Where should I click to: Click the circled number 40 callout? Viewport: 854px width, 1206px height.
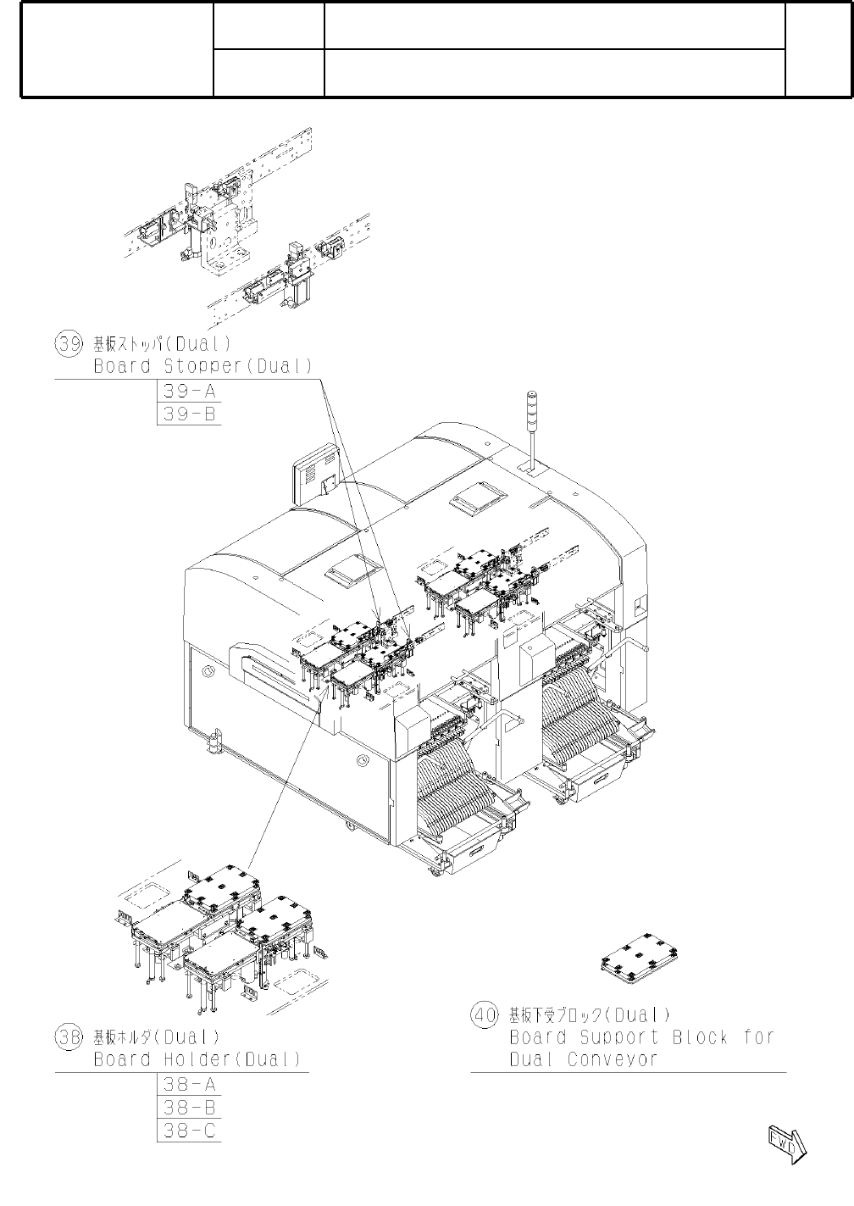coord(484,1014)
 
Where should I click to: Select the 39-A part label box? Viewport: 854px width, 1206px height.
coord(189,392)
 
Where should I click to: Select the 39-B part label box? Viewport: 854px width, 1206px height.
coord(189,414)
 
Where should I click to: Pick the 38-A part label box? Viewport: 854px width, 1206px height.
coord(189,1085)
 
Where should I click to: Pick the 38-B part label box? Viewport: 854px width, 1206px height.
coord(189,1108)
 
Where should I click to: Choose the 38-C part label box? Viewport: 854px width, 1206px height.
coord(189,1131)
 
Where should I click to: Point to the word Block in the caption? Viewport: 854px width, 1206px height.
coord(701,1037)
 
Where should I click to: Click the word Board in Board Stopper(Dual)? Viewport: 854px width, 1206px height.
coord(122,367)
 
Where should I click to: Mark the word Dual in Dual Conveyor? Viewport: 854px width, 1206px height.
coord(531,1060)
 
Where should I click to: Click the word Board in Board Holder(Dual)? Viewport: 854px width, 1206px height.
coord(122,1059)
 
